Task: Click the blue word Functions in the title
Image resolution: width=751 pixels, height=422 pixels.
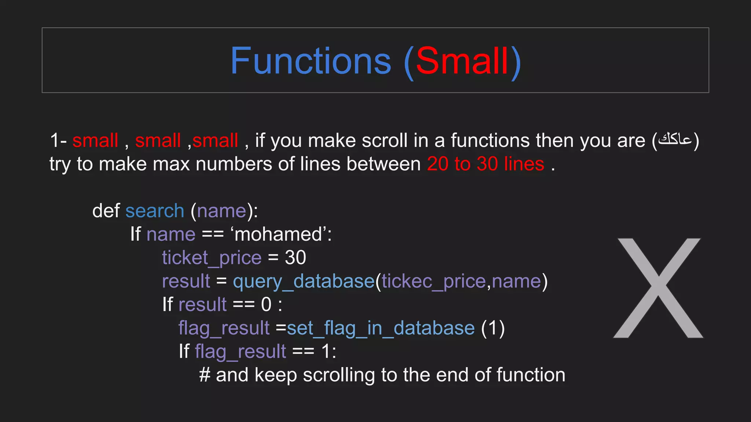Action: pos(311,61)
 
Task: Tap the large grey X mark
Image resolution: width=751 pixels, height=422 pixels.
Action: pos(659,288)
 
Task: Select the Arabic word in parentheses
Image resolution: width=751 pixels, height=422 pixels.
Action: pos(675,140)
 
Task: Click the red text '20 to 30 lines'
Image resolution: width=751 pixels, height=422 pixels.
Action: pos(486,164)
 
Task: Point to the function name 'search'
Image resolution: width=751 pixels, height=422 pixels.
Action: pos(155,211)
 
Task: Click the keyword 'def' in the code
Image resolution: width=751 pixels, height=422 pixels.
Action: pos(106,211)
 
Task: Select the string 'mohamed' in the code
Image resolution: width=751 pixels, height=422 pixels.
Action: pos(278,234)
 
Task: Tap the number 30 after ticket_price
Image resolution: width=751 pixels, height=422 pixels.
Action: pos(296,258)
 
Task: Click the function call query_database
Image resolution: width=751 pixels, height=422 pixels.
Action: pos(304,281)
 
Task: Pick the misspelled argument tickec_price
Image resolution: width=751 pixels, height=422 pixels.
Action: pos(434,281)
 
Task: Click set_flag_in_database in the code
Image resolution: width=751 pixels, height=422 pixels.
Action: pos(381,328)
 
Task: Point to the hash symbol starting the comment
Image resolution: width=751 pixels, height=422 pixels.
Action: pos(205,375)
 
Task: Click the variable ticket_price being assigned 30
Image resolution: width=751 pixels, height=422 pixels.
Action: pos(212,258)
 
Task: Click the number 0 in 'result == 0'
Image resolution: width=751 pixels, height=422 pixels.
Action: pos(266,304)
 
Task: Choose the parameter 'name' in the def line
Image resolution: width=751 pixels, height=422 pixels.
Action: pos(221,211)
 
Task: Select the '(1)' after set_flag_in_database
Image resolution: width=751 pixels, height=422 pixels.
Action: pos(493,328)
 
